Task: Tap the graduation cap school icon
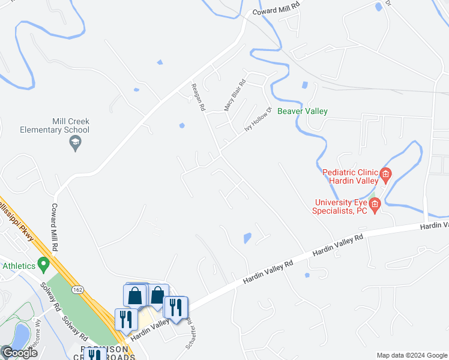[x=75, y=143]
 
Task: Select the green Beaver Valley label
[x=302, y=111]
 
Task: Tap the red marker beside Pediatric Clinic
[x=385, y=176]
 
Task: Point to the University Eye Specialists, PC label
[x=339, y=206]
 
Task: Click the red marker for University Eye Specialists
[x=375, y=206]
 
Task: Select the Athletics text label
[x=18, y=265]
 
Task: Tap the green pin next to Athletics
[x=43, y=263]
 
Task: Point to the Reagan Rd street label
[x=199, y=97]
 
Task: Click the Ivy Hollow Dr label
[x=259, y=120]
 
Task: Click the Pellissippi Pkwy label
[x=18, y=219]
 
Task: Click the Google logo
[x=19, y=353]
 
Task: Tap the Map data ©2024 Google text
[x=412, y=355]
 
